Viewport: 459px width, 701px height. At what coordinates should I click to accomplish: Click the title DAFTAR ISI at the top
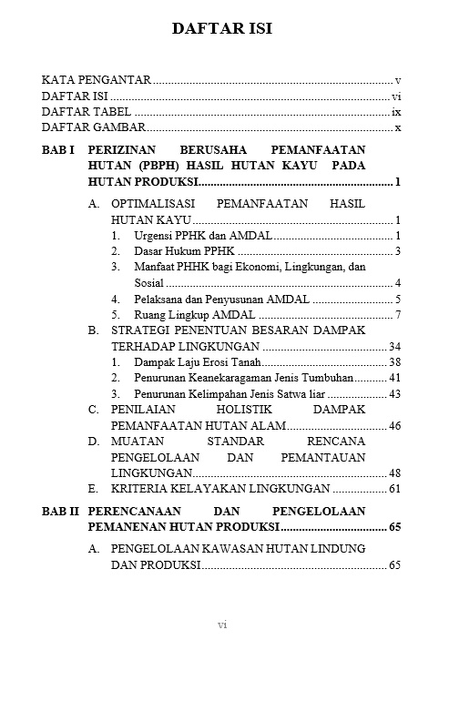coord(221,29)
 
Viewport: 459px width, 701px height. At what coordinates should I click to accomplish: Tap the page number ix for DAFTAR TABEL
coord(396,112)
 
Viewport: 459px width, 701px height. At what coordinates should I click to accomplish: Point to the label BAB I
coord(58,149)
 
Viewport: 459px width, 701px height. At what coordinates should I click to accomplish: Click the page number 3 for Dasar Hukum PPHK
coord(399,250)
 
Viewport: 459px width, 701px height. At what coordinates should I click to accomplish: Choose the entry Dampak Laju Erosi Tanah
coord(198,362)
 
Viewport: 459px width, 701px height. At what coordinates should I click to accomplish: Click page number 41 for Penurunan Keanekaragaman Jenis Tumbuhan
coord(394,378)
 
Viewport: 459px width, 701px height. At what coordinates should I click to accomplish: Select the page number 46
coord(394,426)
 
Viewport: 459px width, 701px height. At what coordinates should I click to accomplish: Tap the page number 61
coord(394,490)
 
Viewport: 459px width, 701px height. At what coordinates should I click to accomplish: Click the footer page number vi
coord(221,625)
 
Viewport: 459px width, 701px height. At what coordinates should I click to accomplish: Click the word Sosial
coord(149,282)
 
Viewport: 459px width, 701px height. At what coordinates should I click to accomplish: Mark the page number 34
coord(394,347)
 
